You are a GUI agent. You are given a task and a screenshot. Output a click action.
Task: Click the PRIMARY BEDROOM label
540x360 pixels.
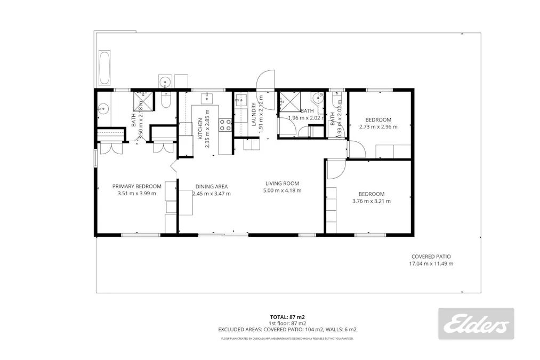click(x=136, y=186)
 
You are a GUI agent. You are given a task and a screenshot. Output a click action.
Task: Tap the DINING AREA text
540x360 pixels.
click(x=212, y=187)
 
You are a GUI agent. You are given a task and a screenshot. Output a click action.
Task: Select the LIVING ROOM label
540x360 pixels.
click(x=283, y=183)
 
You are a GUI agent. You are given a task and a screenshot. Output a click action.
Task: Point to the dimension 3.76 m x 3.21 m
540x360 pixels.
click(x=372, y=202)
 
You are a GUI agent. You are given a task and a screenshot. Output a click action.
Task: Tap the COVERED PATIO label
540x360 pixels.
click(x=431, y=257)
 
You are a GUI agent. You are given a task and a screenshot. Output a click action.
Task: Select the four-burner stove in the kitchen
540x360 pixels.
click(x=226, y=125)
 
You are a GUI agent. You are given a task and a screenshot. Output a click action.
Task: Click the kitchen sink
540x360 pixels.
click(x=206, y=98)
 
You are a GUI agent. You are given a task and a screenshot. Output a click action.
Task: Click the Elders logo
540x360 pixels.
click(x=476, y=324)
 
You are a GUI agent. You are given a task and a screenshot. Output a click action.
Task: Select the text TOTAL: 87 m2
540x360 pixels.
click(x=287, y=317)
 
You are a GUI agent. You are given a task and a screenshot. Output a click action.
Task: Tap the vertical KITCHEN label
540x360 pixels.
click(x=200, y=129)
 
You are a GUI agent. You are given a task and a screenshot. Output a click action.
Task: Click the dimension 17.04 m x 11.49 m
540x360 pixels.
click(x=431, y=264)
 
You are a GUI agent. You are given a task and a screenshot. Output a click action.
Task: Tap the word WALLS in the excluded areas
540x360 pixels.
click(x=337, y=330)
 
